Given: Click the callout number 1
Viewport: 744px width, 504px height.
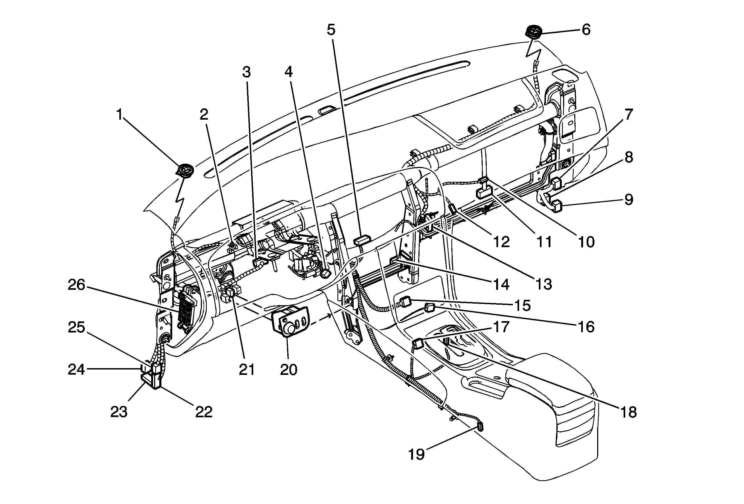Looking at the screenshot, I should coord(119,115).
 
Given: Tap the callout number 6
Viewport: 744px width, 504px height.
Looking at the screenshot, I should coord(586,30).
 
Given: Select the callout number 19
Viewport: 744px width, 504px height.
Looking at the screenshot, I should coord(416,454).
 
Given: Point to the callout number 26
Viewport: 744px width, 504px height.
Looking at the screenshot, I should coord(76,285).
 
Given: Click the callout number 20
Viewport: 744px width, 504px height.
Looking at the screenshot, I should coord(288,370).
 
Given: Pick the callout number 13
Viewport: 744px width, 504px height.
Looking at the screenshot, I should coord(544,284).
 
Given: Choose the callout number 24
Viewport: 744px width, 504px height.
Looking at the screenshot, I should coord(76,370).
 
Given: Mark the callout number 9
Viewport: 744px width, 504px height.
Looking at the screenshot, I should coord(629,200).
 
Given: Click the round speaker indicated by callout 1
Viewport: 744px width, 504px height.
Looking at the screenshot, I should coord(186,170).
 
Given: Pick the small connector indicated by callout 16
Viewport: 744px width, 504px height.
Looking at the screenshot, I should coord(429,308).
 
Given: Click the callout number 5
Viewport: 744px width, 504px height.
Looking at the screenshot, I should coord(331,30).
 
